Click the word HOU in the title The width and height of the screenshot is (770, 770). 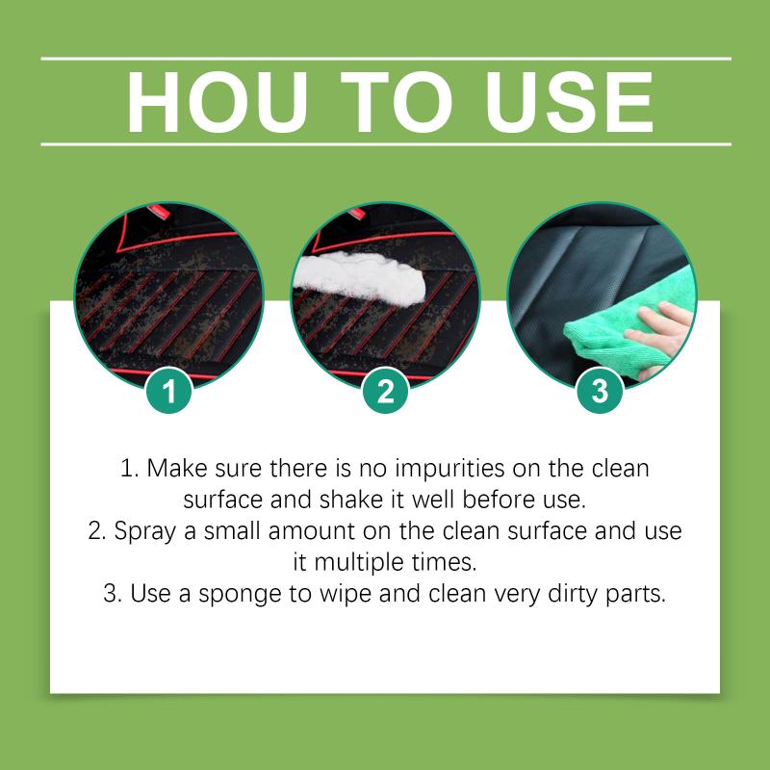click(218, 102)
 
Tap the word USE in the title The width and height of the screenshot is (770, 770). click(570, 102)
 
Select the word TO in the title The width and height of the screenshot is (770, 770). click(396, 102)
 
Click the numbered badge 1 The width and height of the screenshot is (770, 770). click(169, 391)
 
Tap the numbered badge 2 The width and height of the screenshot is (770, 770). click(386, 391)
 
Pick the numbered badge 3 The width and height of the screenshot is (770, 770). click(600, 391)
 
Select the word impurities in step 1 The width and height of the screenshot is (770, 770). click(449, 469)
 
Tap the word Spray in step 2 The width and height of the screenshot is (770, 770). click(145, 532)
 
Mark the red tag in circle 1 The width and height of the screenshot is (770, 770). click(159, 211)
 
